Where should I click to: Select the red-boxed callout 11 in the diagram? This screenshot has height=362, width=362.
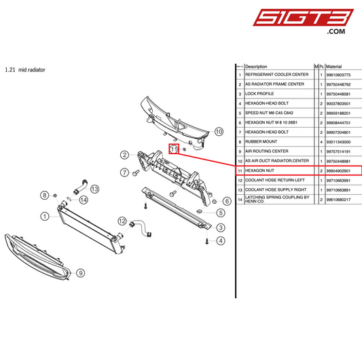point(174,149)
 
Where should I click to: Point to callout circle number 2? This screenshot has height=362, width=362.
point(125,155)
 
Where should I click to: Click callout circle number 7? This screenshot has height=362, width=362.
point(124,173)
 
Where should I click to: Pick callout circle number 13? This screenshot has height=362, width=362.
point(95,189)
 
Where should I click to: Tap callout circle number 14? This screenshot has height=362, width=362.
point(83,200)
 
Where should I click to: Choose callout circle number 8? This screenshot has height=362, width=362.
point(45,196)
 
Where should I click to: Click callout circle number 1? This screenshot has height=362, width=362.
point(44,217)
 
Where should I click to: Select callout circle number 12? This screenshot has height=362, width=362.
point(122,221)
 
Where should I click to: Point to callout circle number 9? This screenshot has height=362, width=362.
point(80,273)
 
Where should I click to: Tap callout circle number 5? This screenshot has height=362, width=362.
point(221,213)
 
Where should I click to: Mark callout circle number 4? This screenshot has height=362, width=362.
point(221,240)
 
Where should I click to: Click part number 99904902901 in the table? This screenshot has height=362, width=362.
point(338,170)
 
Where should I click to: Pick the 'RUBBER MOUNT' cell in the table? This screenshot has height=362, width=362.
point(260,141)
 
